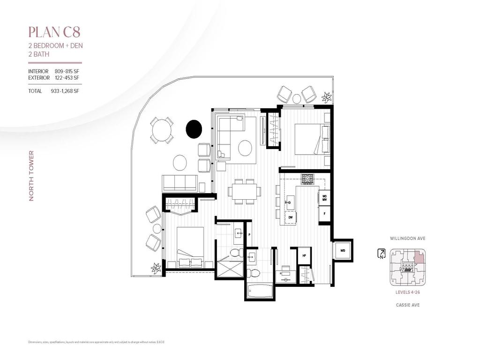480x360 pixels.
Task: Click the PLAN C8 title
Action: pos(54,32)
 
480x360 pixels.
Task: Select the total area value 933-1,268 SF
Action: pos(65,91)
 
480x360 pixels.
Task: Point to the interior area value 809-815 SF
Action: pos(67,71)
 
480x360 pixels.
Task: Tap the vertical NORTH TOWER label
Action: pos(31,176)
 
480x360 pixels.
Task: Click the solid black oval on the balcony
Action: pos(194,129)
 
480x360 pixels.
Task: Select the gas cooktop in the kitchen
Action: pos(307,179)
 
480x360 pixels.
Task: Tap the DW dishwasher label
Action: pos(291,217)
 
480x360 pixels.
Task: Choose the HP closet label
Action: pos(304,255)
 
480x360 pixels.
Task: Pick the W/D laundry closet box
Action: pos(343,250)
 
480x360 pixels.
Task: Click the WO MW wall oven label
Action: pos(324,197)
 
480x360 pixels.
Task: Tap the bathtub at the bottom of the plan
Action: pos(260,291)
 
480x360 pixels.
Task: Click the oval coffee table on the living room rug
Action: pos(245,148)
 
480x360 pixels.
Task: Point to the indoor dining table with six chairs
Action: pos(244,191)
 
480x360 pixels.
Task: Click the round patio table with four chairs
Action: pos(162,130)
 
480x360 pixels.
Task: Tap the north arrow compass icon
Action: pos(382,254)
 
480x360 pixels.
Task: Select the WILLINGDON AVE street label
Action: pos(407,238)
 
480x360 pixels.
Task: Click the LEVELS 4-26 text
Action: pos(407,292)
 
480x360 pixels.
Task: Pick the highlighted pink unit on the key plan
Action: pos(419,257)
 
